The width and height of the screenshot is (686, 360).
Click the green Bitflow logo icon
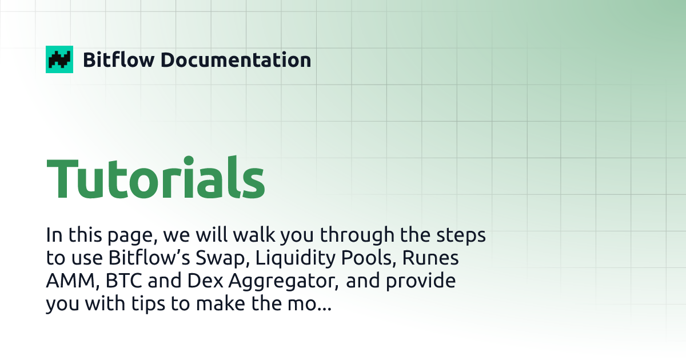pos(59,59)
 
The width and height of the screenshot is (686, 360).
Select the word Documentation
pos(236,59)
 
